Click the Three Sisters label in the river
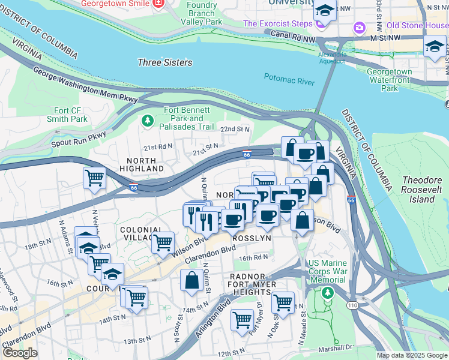click(164, 62)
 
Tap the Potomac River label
click(289, 76)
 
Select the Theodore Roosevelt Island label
click(417, 189)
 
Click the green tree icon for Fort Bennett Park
click(148, 121)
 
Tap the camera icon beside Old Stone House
click(360, 26)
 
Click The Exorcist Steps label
click(277, 24)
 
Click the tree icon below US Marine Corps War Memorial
click(327, 293)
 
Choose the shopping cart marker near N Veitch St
click(94, 178)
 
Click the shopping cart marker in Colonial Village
click(162, 242)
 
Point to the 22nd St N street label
click(234, 130)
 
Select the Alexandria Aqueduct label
click(332, 58)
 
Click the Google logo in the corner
click(20, 352)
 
